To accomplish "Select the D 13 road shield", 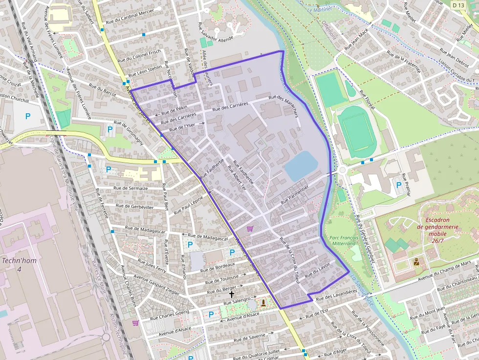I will pos(458,5).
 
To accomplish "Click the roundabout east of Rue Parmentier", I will pos(342,170).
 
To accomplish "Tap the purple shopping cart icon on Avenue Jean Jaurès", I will pos(250,229).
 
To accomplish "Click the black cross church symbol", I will pos(231,295).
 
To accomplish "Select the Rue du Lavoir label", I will pos(318,270).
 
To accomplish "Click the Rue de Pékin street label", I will pos(174,108).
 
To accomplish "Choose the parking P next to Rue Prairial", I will pos(399,185).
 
